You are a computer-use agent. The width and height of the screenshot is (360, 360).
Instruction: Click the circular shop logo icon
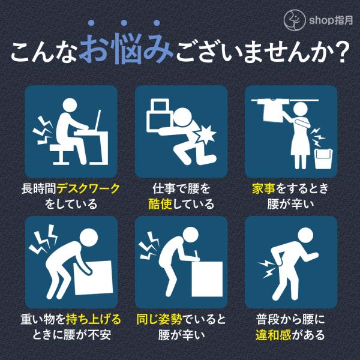[295, 20]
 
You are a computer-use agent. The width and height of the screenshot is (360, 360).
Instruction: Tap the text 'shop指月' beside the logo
[331, 20]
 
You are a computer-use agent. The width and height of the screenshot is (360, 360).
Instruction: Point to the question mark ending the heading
[342, 52]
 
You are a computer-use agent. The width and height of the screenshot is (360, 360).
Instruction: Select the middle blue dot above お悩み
[124, 23]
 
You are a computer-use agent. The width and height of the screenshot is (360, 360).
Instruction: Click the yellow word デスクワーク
[88, 189]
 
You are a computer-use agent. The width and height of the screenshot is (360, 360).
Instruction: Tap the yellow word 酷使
[160, 204]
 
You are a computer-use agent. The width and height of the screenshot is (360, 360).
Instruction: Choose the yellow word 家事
[263, 189]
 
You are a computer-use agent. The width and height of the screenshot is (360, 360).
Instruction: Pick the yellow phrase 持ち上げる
[93, 319]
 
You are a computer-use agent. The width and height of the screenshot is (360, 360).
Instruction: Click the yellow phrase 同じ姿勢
[160, 319]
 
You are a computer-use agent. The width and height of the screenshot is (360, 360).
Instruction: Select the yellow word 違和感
[273, 335]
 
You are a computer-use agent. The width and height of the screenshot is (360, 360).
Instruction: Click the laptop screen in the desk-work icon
[98, 121]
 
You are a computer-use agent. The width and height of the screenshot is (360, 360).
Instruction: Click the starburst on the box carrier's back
[206, 135]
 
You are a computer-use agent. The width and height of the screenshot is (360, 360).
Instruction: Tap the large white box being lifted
[94, 277]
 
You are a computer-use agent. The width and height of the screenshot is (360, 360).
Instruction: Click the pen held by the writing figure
[197, 254]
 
